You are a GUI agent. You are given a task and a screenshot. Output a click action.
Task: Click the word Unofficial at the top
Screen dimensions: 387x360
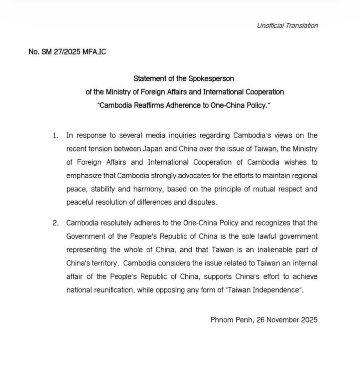[270, 26]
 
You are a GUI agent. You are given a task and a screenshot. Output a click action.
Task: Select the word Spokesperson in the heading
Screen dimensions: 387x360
[211, 78]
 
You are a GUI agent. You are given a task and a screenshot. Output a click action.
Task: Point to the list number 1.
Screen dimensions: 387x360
[55, 136]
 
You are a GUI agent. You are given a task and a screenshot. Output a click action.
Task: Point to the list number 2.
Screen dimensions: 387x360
[55, 223]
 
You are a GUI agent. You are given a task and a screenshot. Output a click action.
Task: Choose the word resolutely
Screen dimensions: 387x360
[120, 223]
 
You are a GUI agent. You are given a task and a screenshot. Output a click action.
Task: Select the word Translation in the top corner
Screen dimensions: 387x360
[302, 26]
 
